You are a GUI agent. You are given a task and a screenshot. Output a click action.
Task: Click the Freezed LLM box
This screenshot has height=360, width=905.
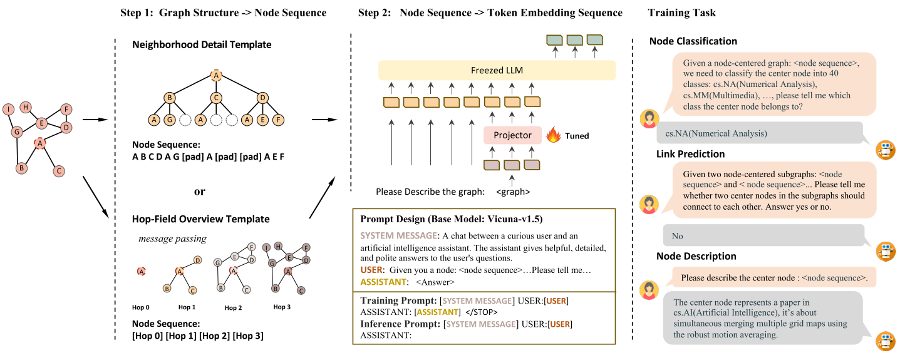497,70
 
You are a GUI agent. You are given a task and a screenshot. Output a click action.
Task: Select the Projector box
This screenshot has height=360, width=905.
512,135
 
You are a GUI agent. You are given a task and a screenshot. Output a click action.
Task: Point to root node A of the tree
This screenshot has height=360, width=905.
215,75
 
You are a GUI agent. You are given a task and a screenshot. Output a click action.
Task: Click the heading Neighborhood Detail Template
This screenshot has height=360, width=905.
202,45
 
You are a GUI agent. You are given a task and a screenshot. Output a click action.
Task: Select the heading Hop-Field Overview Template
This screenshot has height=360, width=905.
200,219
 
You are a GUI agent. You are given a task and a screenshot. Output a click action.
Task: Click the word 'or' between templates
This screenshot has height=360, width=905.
199,192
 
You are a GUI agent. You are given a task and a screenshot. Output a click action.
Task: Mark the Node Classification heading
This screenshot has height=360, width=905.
693,41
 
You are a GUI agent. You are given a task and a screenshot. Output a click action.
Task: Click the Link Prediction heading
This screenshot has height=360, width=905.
690,154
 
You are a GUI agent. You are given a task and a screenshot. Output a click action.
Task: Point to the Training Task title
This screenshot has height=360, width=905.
681,13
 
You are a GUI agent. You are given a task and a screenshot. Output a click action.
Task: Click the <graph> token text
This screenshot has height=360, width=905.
512,192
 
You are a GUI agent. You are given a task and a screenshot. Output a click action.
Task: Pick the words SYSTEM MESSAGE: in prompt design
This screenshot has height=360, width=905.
400,236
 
